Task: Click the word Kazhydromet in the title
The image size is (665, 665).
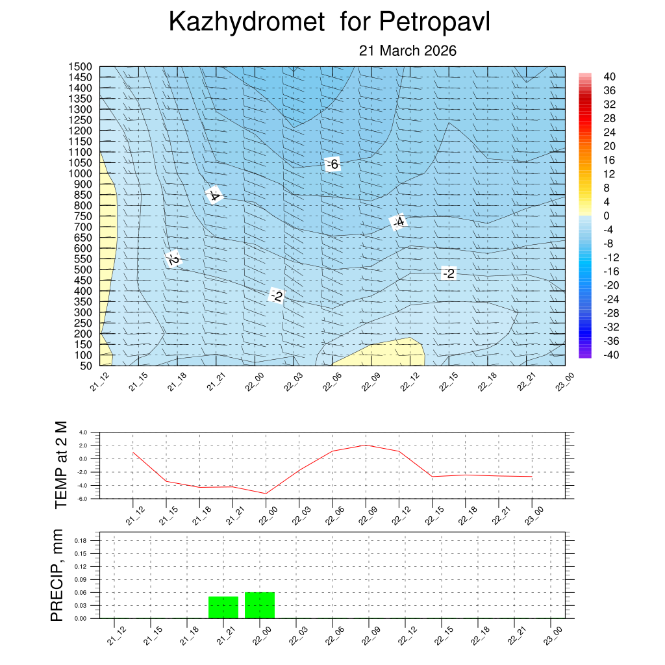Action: click(246, 22)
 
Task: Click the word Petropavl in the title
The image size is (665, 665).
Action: click(434, 22)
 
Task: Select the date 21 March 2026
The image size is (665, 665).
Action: click(408, 51)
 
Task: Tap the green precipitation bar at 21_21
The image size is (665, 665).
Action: click(223, 607)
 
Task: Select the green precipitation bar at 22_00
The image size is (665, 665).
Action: click(260, 605)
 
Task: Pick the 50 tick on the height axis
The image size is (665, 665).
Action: click(84, 366)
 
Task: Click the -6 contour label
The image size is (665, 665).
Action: click(332, 164)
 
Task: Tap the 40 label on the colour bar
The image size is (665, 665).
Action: click(609, 76)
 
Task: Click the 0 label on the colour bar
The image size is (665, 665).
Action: click(606, 216)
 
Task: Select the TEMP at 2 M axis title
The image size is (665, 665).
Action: click(61, 464)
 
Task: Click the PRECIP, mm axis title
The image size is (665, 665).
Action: click(57, 576)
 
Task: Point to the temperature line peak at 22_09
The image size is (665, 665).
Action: click(366, 445)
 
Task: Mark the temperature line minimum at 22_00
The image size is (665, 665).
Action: click(266, 494)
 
